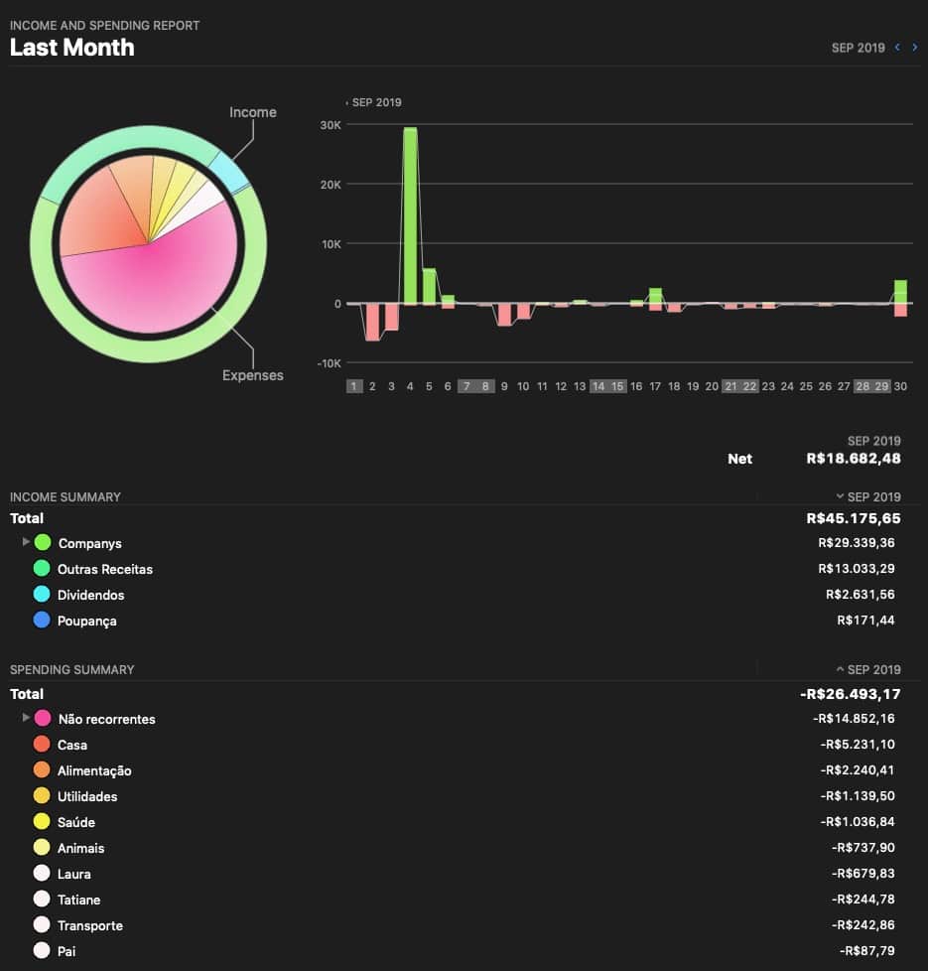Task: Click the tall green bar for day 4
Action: click(x=410, y=214)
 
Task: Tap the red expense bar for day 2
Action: click(x=372, y=322)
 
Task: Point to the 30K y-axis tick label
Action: click(x=330, y=125)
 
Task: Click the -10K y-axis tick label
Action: click(x=328, y=363)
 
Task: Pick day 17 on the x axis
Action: click(x=655, y=386)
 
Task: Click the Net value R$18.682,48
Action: click(x=853, y=459)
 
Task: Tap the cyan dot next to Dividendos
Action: click(x=42, y=595)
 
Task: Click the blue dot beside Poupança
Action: click(x=42, y=621)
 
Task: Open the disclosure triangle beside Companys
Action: click(x=25, y=542)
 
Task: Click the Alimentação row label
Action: click(x=94, y=770)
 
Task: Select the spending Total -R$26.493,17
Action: click(x=850, y=694)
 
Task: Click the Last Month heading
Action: click(x=72, y=47)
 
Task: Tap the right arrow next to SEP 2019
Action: click(x=914, y=47)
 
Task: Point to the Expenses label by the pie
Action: click(x=252, y=375)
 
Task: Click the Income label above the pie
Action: click(x=252, y=112)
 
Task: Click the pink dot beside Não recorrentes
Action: click(x=43, y=719)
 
